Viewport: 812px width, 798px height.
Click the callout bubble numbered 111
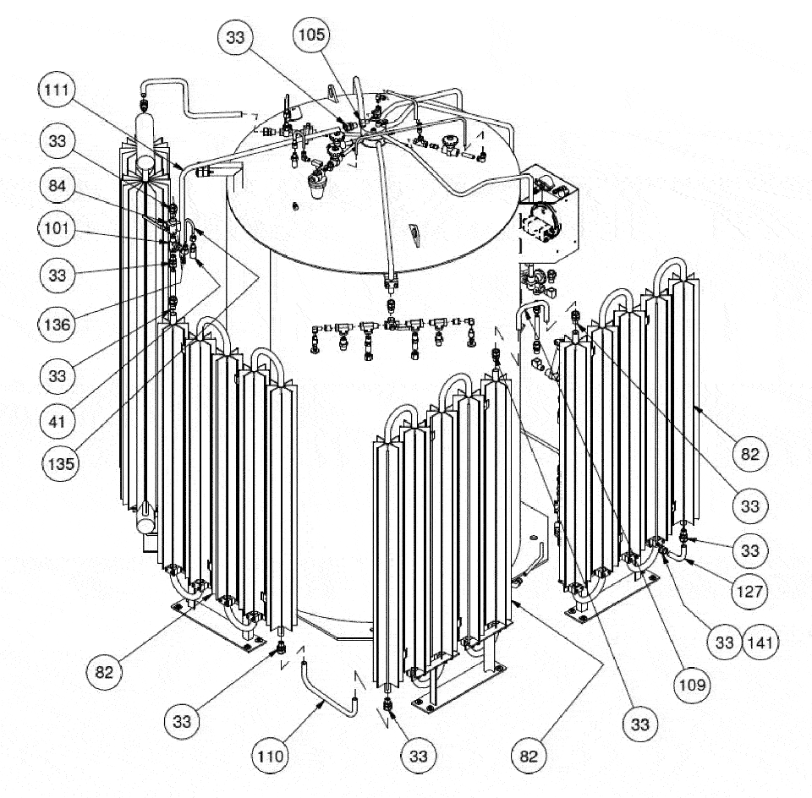coord(57,90)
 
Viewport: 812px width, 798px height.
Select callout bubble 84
coord(57,186)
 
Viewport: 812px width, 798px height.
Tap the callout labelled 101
coord(57,228)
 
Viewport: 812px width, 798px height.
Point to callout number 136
coord(57,325)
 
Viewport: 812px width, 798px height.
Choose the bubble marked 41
coord(57,421)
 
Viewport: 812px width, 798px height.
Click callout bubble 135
coord(61,463)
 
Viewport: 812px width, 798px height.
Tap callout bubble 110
coord(271,756)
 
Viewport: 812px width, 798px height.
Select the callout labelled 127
coord(749,591)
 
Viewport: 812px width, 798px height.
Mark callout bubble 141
coord(760,642)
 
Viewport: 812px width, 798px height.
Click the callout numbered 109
coord(692,685)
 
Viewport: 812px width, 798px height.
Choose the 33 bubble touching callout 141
coord(725,642)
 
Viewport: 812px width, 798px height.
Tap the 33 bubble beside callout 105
coord(235,37)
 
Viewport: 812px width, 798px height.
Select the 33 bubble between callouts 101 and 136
coord(57,275)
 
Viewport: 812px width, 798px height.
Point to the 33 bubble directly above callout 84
coord(57,141)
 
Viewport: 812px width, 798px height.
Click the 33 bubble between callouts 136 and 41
coord(57,375)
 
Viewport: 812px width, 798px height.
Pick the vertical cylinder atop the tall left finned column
coord(146,139)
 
